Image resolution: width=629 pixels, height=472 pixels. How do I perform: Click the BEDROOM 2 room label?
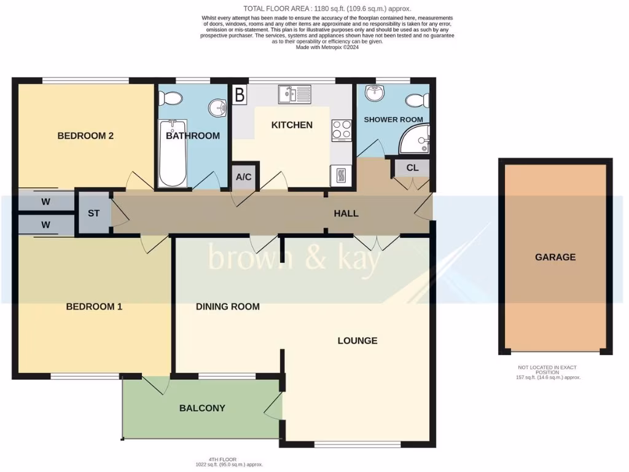coord(85,136)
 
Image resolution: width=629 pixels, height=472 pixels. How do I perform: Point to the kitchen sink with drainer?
coord(295,94)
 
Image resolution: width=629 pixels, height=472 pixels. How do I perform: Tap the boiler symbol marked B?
coord(240,95)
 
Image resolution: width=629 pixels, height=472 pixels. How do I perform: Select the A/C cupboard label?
coord(244,177)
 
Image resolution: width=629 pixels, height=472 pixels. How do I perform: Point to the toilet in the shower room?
coord(419,99)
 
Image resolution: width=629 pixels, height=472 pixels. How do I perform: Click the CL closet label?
coord(412,168)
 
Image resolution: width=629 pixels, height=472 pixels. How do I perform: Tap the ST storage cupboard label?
coord(93,213)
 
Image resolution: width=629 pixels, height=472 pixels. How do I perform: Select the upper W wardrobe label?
coord(46,202)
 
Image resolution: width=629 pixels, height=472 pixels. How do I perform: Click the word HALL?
coord(346,213)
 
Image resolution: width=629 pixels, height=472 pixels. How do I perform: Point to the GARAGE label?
coord(555,257)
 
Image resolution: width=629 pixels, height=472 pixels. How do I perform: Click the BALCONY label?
coord(202,407)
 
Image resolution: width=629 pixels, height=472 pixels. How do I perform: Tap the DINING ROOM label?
coord(227,306)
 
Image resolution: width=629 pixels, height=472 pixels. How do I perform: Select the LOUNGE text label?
coord(357,340)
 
